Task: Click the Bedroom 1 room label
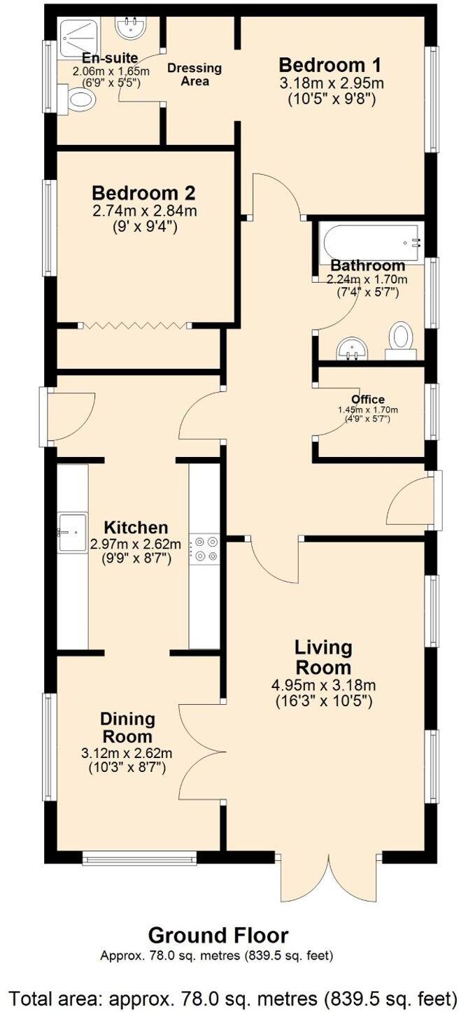[x=329, y=66]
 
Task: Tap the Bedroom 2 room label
[x=143, y=192]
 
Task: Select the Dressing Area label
[x=194, y=74]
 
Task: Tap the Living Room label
[x=323, y=656]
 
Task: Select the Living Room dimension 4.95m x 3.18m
[x=325, y=684]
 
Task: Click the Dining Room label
[x=127, y=728]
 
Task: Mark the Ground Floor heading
[x=218, y=935]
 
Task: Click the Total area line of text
[x=230, y=997]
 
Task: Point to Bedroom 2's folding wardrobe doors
[x=134, y=325]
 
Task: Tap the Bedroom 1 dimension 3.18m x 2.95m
[x=332, y=83]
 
